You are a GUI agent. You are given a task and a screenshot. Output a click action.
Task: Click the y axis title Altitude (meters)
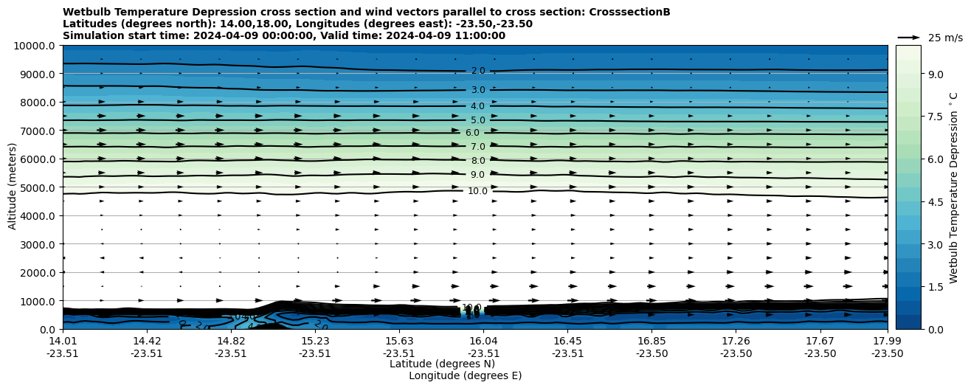13,187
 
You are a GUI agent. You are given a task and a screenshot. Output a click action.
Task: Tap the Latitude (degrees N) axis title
442,364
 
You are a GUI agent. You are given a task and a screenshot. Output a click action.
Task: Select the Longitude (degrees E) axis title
465,375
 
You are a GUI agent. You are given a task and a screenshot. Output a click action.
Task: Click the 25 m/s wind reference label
945,38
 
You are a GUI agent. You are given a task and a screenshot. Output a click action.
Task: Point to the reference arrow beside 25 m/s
909,38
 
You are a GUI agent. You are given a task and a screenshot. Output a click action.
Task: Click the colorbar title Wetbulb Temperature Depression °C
954,187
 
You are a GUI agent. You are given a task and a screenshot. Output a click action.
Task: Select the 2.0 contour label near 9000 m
478,72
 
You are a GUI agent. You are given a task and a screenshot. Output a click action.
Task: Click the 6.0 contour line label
473,133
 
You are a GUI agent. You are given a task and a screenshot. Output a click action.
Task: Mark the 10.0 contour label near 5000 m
477,191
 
